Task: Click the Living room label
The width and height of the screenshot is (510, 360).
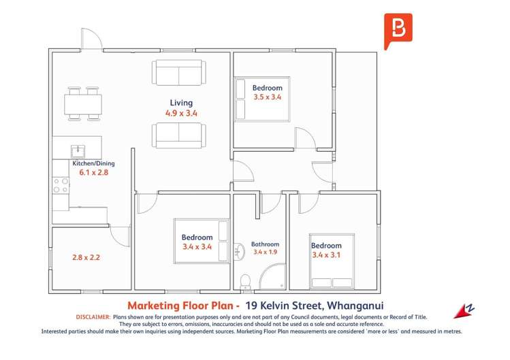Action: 181,103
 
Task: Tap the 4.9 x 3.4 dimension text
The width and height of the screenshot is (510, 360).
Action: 181,113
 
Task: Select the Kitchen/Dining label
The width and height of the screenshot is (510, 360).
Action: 93,163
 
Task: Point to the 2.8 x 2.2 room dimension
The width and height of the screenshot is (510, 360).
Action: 86,257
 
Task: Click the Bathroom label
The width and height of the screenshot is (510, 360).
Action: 265,244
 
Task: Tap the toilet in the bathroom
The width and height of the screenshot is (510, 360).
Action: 245,282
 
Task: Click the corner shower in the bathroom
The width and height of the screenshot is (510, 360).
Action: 273,277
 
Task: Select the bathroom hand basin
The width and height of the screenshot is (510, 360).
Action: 240,251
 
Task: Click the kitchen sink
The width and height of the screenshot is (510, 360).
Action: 78,152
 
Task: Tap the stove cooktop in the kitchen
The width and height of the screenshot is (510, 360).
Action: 61,185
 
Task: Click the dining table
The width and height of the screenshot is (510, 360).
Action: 83,104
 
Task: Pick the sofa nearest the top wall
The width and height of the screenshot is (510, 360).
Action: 179,73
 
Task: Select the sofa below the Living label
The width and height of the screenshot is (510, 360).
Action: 179,135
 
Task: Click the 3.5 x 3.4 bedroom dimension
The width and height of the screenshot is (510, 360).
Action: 268,97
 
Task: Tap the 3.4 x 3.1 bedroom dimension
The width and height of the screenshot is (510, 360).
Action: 326,255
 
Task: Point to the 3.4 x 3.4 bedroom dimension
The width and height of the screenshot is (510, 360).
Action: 197,247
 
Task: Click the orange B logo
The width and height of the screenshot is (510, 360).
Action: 398,31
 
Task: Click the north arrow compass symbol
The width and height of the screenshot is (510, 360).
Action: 464,311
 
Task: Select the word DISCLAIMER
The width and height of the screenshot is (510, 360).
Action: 93,317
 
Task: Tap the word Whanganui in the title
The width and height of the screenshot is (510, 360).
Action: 355,306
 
